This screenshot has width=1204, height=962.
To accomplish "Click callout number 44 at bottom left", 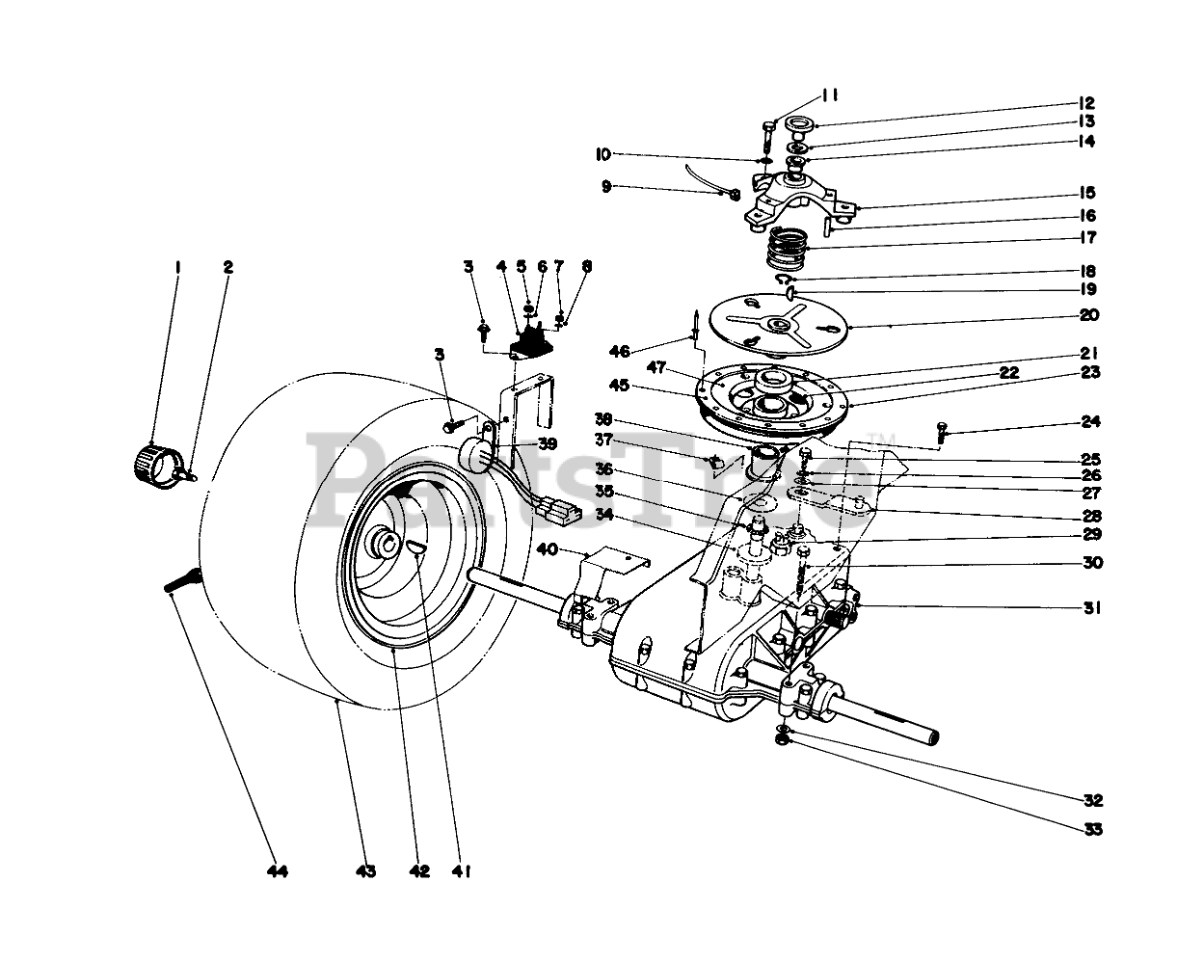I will pos(278,871).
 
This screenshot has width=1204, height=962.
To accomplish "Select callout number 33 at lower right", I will pos(1091,829).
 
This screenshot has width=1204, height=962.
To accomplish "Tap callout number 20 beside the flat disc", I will pos(1090,315).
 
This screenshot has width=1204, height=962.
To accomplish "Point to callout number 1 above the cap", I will pos(177,266).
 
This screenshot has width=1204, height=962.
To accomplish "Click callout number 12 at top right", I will pos(1087,103).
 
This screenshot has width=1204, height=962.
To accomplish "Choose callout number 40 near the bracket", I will pos(548,549).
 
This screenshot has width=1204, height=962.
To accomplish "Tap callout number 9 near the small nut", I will pos(606,186).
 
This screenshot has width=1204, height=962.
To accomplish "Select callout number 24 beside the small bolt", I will pos(1090,421).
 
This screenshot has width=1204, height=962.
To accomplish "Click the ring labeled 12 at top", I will pos(799,124).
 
